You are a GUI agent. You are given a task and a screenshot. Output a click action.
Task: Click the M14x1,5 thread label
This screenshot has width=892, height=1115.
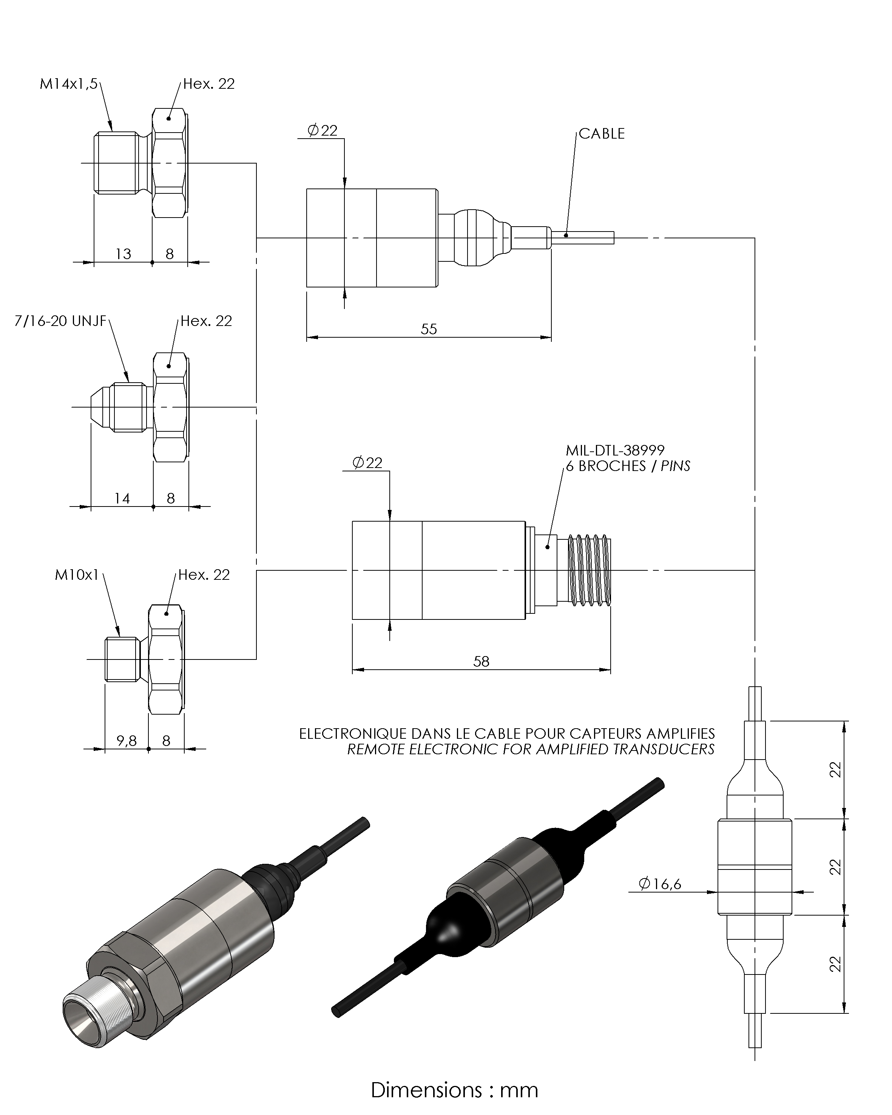(68, 84)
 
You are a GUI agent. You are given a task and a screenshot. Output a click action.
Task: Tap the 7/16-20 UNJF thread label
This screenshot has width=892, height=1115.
(60, 321)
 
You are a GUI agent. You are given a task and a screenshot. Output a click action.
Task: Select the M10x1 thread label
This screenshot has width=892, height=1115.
(77, 575)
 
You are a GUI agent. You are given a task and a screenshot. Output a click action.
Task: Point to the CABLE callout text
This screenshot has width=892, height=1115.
(601, 133)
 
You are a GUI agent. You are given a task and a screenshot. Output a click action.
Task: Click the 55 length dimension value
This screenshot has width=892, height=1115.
(429, 329)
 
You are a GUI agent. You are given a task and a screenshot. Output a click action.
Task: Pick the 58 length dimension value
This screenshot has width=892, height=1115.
(481, 661)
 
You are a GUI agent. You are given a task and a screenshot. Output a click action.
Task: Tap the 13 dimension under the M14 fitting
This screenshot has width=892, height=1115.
(123, 254)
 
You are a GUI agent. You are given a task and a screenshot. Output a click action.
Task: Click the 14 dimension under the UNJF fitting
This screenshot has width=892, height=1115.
(122, 499)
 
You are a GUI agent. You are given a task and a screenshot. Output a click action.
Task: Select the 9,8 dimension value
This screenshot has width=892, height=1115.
(126, 741)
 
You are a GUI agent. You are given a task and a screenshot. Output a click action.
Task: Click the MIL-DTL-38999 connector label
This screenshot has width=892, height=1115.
(615, 451)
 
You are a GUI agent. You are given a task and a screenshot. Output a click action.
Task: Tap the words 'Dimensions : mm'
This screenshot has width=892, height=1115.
(454, 1090)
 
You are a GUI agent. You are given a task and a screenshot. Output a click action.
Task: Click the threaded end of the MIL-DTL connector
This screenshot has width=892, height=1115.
(590, 570)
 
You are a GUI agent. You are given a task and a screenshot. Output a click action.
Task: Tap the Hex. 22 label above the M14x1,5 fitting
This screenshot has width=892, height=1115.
(208, 84)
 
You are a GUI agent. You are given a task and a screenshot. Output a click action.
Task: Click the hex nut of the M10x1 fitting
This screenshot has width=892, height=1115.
(165, 659)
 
